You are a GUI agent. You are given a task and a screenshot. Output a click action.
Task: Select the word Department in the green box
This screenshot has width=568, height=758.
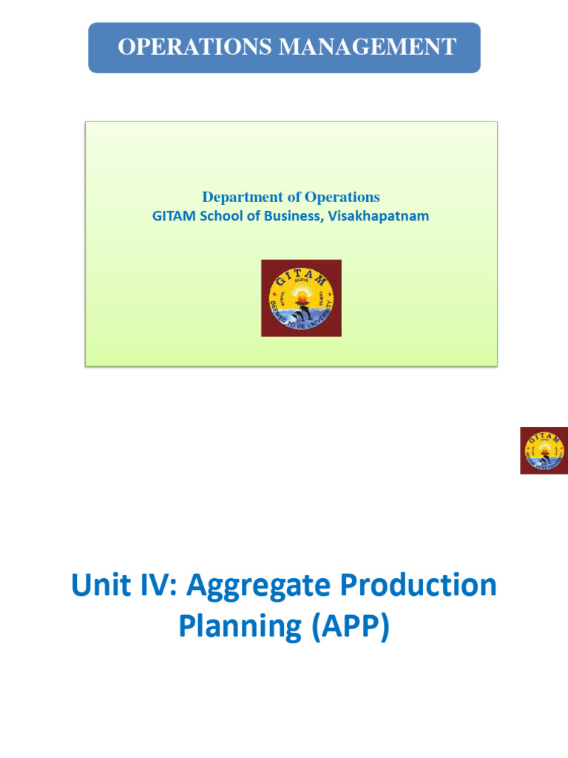click(242, 197)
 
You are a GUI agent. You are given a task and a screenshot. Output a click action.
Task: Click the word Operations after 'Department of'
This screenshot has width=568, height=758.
click(341, 197)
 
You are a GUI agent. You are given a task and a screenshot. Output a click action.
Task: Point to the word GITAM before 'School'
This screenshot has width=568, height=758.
click(175, 216)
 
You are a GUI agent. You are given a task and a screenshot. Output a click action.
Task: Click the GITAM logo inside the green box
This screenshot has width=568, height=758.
click(301, 298)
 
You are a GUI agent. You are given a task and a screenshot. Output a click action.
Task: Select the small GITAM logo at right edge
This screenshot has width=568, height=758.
click(544, 450)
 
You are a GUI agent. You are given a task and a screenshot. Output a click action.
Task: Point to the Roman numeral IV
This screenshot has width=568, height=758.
click(157, 586)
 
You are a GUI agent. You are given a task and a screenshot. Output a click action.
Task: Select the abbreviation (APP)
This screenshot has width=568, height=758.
click(347, 627)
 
